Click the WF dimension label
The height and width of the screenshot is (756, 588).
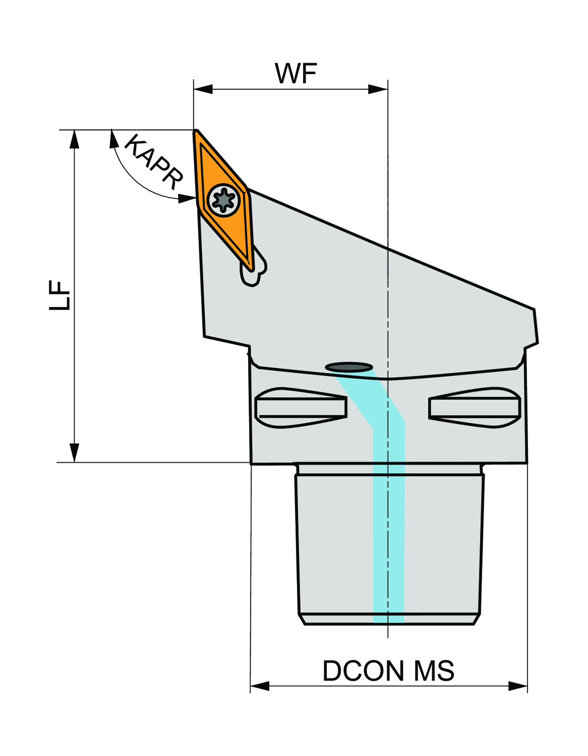pyautogui.click(x=296, y=74)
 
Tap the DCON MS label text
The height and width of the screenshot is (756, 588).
pyautogui.click(x=388, y=671)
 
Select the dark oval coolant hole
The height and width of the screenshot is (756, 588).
pyautogui.click(x=349, y=367)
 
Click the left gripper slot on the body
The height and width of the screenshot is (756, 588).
pyautogui.click(x=301, y=407)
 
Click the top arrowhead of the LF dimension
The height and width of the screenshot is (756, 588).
pyautogui.click(x=75, y=139)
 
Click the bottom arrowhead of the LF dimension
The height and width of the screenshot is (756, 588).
pyautogui.click(x=75, y=453)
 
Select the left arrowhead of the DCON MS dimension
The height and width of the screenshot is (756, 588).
pyautogui.click(x=260, y=686)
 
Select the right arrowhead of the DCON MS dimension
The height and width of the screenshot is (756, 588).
pyautogui.click(x=518, y=686)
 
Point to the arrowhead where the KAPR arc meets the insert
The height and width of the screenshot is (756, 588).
pyautogui.click(x=187, y=199)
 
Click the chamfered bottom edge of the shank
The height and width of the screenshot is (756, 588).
pyautogui.click(x=389, y=619)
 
